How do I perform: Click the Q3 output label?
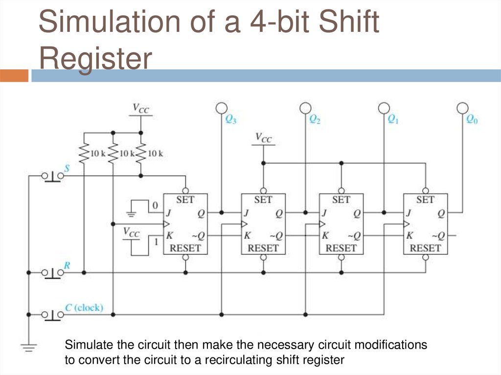point(230,119)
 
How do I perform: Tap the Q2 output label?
point(315,119)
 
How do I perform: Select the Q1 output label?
point(393,119)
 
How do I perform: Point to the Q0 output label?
point(472,119)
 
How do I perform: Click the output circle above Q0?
point(462,108)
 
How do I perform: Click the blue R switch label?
point(67,265)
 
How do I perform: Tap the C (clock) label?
point(84,308)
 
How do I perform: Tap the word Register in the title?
point(95,59)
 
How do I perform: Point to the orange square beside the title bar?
point(14,75)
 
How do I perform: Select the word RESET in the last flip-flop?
point(425,248)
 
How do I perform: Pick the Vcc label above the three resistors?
point(140,109)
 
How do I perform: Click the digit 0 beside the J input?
point(155,205)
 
